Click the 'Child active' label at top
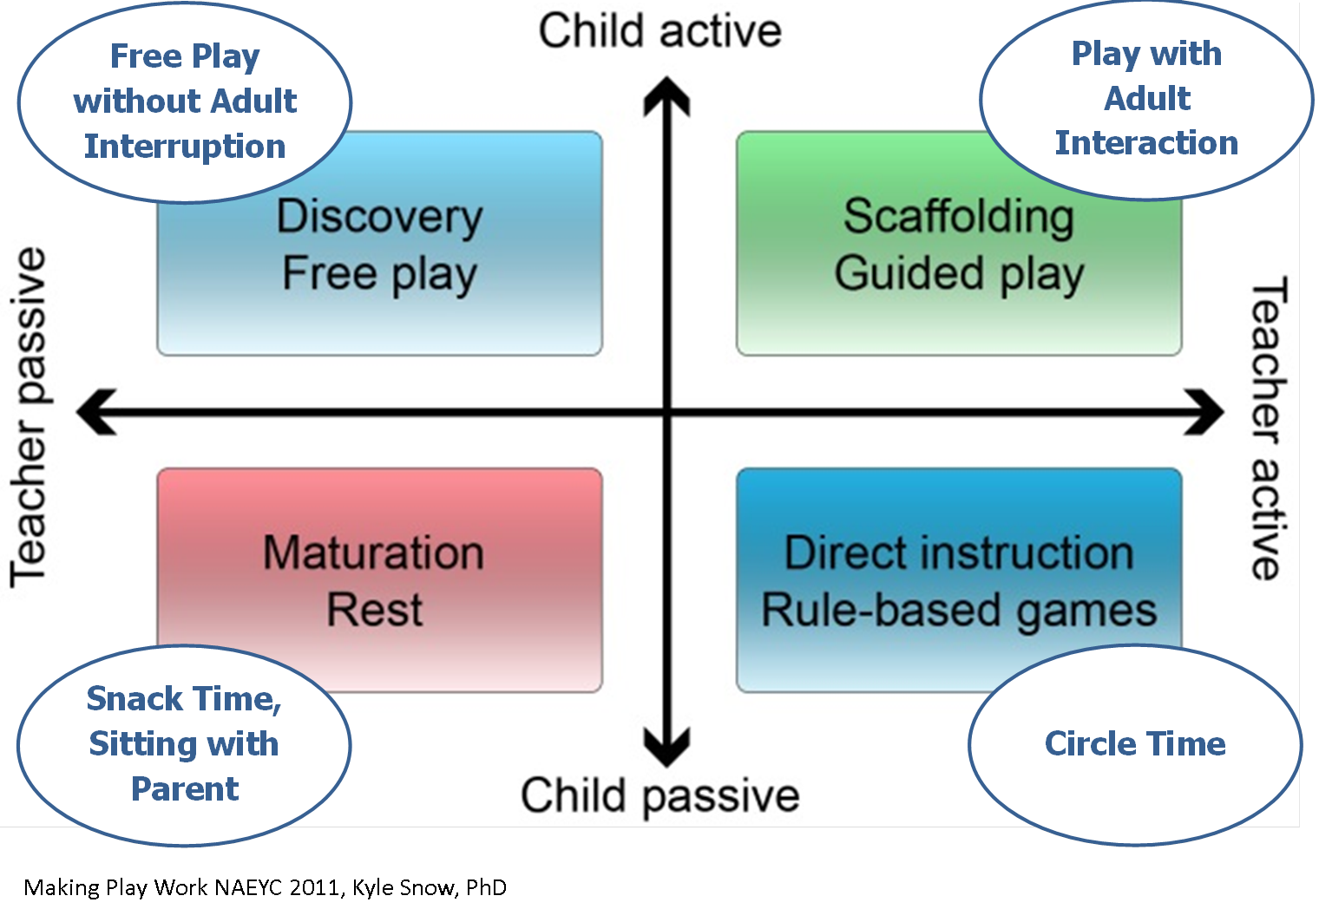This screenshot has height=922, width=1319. [659, 31]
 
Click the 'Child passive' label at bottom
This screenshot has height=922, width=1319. [659, 795]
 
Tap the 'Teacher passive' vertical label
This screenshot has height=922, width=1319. [29, 417]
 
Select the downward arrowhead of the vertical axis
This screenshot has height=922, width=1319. [666, 748]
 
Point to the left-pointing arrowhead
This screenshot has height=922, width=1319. [95, 411]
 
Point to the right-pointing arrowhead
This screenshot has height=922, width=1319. [1206, 411]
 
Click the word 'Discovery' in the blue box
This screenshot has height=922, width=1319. [379, 217]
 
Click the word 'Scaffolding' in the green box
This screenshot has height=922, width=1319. [959, 216]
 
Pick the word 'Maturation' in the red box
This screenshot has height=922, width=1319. [373, 553]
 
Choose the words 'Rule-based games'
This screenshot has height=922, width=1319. [959, 610]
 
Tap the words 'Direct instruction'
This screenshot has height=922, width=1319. [959, 553]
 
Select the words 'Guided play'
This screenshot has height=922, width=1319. [959, 274]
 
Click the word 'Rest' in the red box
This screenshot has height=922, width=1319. [374, 610]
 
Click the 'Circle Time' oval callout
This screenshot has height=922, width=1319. [1135, 744]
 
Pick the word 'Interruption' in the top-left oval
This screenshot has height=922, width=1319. [185, 146]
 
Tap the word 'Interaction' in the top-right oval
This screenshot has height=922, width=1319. [1146, 142]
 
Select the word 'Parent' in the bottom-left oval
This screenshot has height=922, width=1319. [185, 788]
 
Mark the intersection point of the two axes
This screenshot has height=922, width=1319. [666, 412]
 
